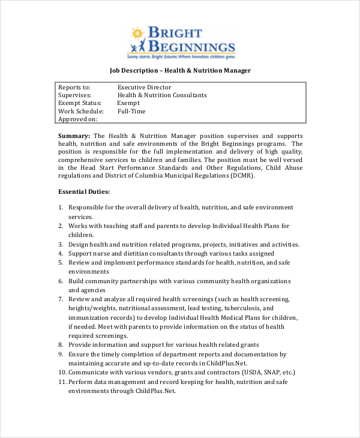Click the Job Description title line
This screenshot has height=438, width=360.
point(180,70)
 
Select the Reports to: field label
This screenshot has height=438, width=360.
point(74,88)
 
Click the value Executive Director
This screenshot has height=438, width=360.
point(144,88)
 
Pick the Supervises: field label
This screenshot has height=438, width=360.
point(74,95)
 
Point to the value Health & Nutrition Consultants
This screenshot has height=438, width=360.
point(162,95)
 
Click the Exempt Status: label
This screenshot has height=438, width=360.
point(78,103)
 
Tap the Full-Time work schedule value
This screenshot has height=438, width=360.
point(131,111)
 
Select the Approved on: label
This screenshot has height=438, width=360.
point(77,119)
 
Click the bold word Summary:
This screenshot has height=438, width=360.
point(74,136)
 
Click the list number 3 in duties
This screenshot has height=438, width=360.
point(61,244)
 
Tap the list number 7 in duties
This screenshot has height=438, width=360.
point(61,299)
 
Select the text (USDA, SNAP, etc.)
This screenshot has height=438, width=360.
point(265,372)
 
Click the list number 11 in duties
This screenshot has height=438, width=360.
point(62,382)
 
